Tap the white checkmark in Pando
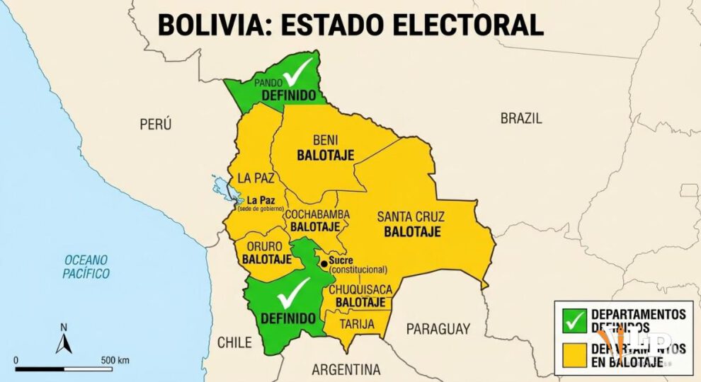point(298,71)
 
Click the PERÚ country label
point(156,125)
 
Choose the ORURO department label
point(264,246)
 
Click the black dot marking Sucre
point(324,264)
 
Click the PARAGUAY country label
point(438,328)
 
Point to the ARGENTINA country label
point(346,369)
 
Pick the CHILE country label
point(234,342)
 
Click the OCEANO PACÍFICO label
point(86,266)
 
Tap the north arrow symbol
point(64,342)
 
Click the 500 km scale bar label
point(114,360)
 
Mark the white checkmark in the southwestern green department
point(292,291)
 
